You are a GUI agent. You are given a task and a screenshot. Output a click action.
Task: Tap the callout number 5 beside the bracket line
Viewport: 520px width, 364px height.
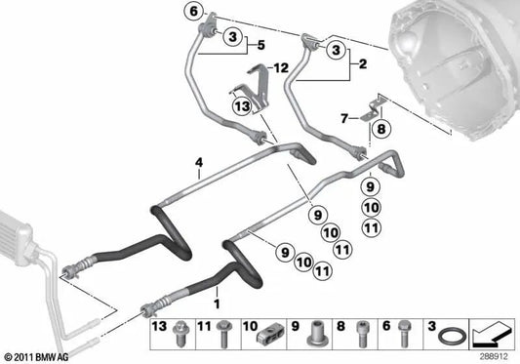point(260,44)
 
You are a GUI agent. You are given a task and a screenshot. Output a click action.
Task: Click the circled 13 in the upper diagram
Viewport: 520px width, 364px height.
point(241,105)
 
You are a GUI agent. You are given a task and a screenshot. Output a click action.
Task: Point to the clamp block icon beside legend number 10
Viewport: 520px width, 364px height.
point(268,334)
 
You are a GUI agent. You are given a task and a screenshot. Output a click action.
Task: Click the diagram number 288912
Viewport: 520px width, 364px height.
point(496,356)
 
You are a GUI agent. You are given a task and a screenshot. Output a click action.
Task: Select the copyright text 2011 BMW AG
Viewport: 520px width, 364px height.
point(36,356)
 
